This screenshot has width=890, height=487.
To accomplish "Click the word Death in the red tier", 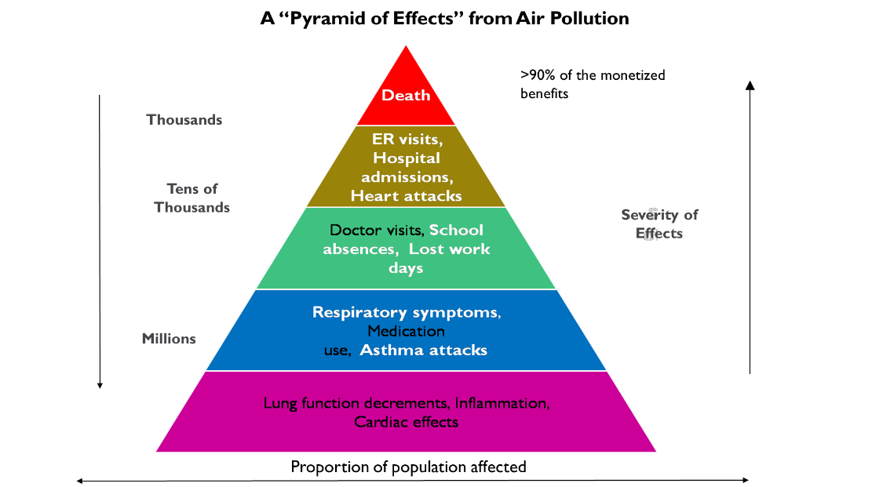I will click(x=406, y=96).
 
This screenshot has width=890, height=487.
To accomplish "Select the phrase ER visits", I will click(x=406, y=140).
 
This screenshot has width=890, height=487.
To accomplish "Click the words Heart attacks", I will click(x=406, y=195).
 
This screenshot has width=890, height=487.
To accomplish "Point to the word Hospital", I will click(x=406, y=158).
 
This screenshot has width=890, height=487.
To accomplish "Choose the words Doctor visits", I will click(x=377, y=231).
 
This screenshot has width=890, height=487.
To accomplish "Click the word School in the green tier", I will click(x=456, y=231).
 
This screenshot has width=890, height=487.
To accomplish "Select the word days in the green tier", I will click(x=406, y=268).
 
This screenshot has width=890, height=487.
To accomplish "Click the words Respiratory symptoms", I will click(x=405, y=312).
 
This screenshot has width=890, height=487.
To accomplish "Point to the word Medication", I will click(x=406, y=331).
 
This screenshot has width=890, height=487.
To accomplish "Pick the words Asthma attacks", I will click(x=423, y=350).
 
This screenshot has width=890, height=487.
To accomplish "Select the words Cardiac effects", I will click(x=406, y=422).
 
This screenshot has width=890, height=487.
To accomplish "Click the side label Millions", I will click(x=169, y=339).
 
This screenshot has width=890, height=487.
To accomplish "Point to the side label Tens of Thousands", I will click(x=192, y=198).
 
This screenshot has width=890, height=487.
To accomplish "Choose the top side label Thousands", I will click(x=184, y=120).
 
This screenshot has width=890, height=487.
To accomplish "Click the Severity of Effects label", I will click(x=659, y=224).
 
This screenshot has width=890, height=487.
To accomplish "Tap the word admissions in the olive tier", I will click(x=406, y=177).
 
